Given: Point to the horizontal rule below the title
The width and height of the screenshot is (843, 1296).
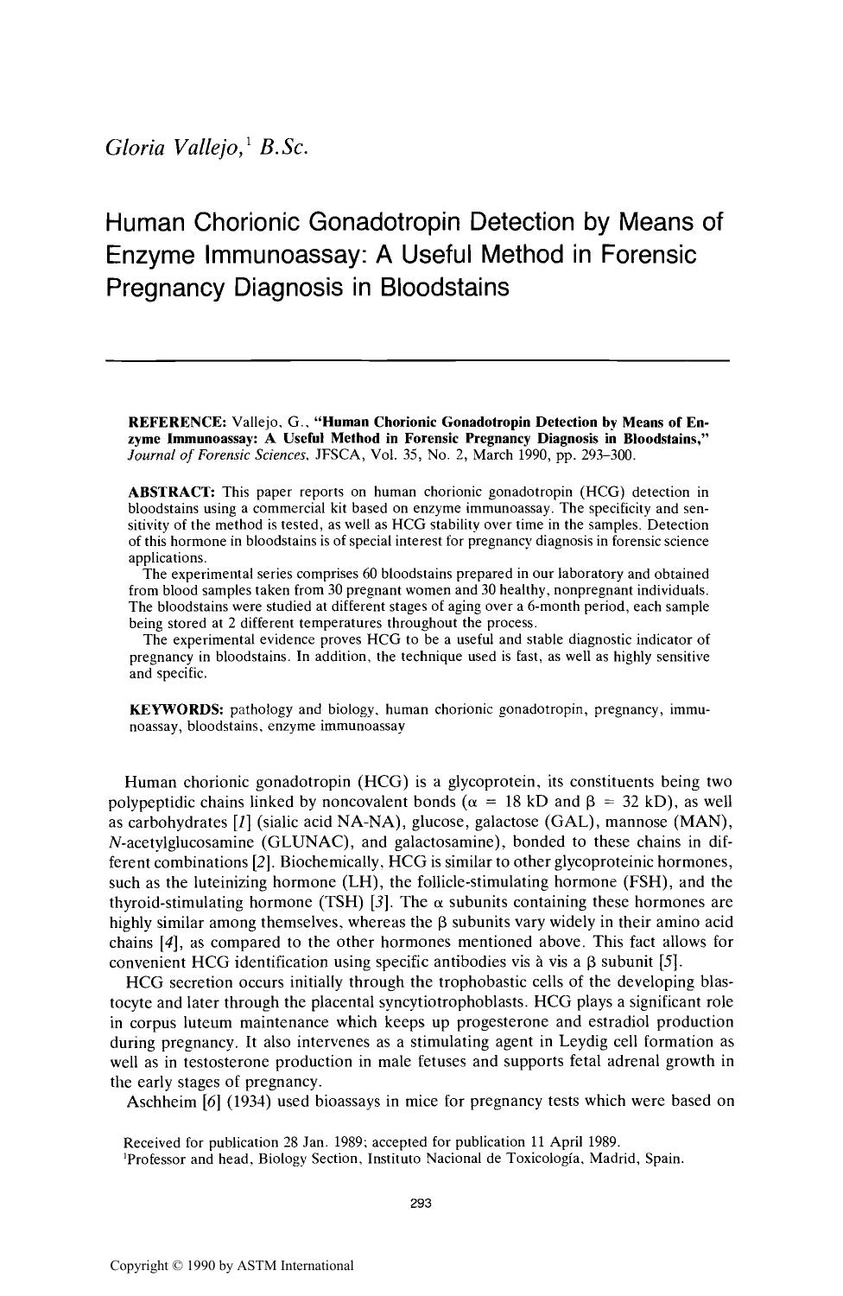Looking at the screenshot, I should coord(417,359).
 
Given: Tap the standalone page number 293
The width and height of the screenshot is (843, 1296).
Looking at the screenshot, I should coord(421,1203).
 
